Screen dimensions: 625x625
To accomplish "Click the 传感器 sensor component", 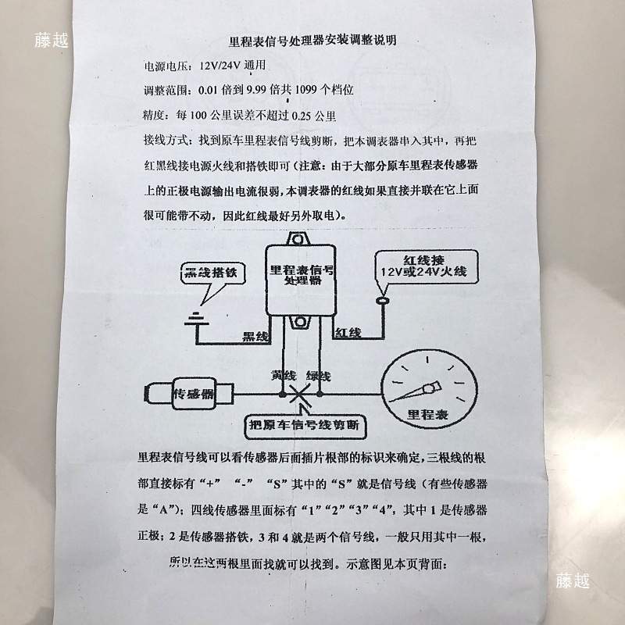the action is [191, 394].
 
